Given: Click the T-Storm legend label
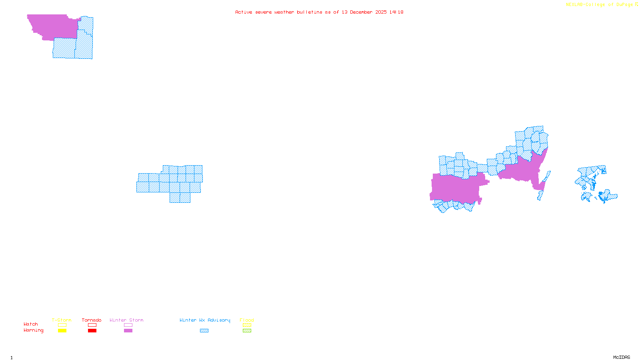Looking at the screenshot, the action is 62,320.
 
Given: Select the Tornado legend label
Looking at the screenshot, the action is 92,320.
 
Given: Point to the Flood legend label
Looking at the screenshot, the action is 247,320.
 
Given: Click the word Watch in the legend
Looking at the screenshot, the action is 31,324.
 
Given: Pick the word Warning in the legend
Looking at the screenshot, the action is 34,330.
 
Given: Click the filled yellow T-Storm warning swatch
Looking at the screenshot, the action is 62,331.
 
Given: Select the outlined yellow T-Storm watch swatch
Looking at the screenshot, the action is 62,325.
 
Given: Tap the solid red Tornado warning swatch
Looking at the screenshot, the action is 92,331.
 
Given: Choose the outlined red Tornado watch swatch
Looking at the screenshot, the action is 92,325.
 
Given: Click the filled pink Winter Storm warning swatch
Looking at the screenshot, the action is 128,331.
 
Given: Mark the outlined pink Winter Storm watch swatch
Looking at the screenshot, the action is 128,325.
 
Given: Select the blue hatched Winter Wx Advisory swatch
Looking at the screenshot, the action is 204,331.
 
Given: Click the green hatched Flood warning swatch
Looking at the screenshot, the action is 247,331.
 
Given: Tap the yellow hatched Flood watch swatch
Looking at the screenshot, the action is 247,325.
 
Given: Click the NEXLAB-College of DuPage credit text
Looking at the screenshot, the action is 600,5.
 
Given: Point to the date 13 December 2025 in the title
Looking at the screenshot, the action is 364,12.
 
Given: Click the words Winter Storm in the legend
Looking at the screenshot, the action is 126,320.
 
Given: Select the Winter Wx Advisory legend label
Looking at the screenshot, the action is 205,320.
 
